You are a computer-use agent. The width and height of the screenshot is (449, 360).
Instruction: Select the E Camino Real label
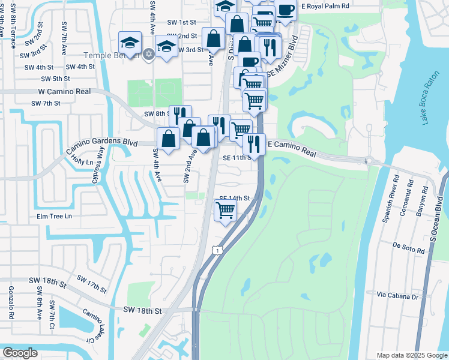pyautogui.click(x=291, y=145)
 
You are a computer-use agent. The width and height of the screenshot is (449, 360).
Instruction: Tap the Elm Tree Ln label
pyautogui.click(x=54, y=216)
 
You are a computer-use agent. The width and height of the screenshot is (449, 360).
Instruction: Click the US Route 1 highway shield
pyautogui.click(x=219, y=247)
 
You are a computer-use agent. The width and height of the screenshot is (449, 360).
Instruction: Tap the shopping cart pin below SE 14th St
pyautogui.click(x=225, y=211)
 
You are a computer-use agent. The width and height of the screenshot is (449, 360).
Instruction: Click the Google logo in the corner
pyautogui.click(x=20, y=353)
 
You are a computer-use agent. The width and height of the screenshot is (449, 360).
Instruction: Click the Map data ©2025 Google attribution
pyautogui.click(x=412, y=355)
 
